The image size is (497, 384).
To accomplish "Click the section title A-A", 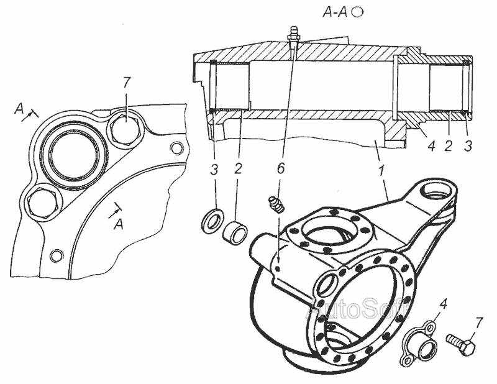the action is point(335,12).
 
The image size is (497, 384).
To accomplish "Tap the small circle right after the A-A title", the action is point(358,12).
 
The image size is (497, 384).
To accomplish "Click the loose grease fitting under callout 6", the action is point(277,205).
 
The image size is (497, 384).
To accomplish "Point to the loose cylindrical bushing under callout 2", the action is point(235,233).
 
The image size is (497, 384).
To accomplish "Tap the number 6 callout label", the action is point(281,168).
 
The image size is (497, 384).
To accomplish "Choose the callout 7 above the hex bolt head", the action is point(126,83).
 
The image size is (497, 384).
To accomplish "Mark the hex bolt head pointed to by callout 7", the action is point(125,129).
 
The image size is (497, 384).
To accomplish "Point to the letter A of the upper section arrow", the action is point(19,109).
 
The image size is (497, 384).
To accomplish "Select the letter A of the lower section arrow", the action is point(119,224).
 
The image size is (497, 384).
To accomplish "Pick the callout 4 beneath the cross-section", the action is point(431,146).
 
